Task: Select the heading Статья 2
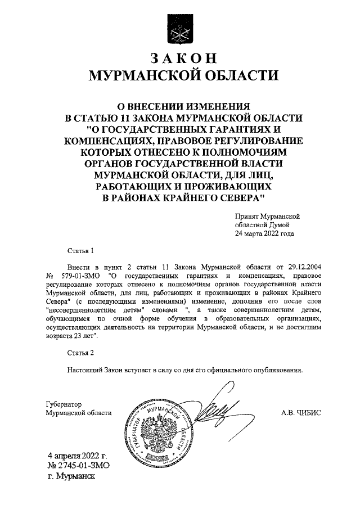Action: pyautogui.click(x=79, y=353)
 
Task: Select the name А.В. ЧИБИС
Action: pyautogui.click(x=301, y=412)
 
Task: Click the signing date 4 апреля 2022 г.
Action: pyautogui.click(x=77, y=456)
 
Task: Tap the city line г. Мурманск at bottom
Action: pyautogui.click(x=73, y=476)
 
